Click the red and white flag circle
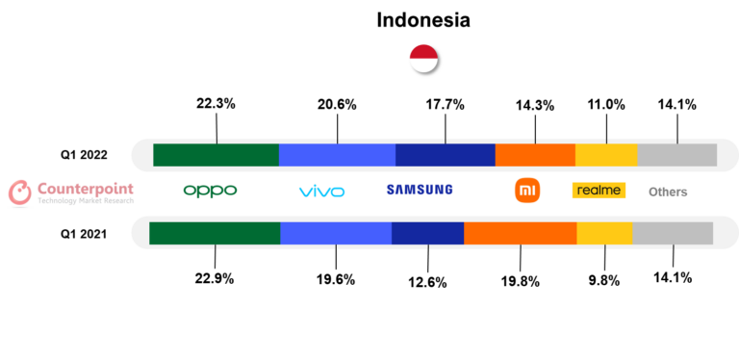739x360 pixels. coord(423,59)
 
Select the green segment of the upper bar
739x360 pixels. coord(216,155)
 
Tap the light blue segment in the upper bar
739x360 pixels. coord(337,155)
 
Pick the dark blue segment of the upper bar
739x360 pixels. coord(445,155)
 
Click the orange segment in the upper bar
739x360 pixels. coord(535,155)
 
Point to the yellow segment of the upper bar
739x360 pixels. coord(606,155)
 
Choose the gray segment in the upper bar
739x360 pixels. coord(676,155)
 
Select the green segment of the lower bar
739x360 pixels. coord(215,233)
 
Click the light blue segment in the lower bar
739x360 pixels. coord(336,233)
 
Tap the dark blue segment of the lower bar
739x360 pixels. coord(427,233)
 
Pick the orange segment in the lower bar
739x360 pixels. coord(520,233)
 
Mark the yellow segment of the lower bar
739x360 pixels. coord(604,233)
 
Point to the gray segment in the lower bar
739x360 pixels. coord(673,233)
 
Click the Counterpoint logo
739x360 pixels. coord(70,192)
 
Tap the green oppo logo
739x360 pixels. coord(210,191)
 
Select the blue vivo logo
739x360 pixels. coord(321,192)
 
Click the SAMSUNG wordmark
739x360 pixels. coord(419,190)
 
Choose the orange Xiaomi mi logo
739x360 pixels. coord(526,191)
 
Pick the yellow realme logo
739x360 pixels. coord(599,191)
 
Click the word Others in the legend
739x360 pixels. coord(667,193)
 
